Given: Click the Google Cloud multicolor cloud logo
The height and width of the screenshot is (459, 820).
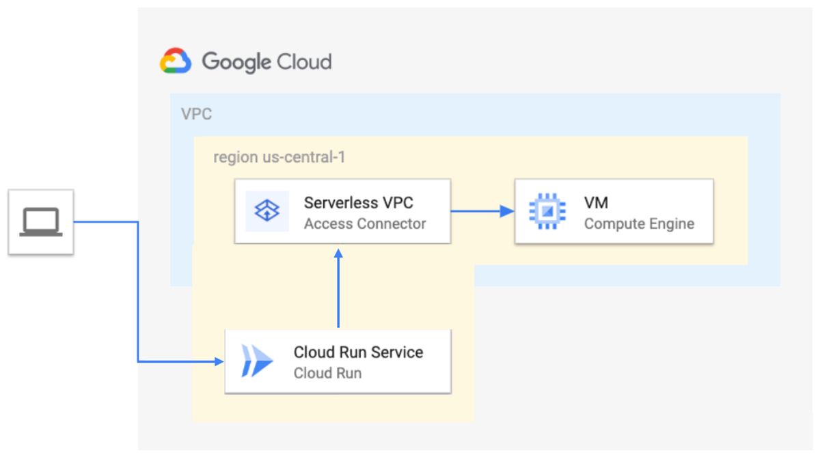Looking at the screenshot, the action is point(176,61).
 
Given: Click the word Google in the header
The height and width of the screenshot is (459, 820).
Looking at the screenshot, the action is point(236,62).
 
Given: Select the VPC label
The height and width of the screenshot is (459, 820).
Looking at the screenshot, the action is point(196,114).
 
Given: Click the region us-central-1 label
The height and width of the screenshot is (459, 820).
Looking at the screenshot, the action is point(279,157).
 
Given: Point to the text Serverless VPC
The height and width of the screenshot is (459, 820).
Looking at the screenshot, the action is point(358,202).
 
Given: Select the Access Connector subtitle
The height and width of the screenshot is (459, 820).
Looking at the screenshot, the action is point(365,223).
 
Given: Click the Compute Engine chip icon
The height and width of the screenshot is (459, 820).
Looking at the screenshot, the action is point(547,212).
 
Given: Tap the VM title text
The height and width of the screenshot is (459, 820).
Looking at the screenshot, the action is point(596,202).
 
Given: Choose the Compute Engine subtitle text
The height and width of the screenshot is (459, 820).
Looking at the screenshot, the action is point(639,223).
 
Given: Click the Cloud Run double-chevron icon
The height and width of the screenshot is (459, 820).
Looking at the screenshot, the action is point(255,361).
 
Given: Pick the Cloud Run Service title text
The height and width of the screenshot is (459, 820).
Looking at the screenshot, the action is point(358,352).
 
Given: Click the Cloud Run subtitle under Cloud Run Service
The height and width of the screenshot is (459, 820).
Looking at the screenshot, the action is point(327,373).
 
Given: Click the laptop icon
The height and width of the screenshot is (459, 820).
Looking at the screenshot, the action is point(41,222).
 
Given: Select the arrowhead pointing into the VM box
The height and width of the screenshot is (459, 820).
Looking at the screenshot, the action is point(507,211).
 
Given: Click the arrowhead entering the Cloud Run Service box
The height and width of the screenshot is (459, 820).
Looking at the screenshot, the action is point(219,361).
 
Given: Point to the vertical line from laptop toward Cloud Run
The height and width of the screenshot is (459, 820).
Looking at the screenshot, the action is point(138,294).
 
